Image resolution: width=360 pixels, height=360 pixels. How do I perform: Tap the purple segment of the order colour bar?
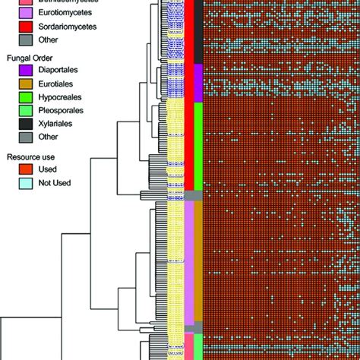tap(198, 82)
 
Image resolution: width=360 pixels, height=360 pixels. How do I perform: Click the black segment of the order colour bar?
tap(198, 34)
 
